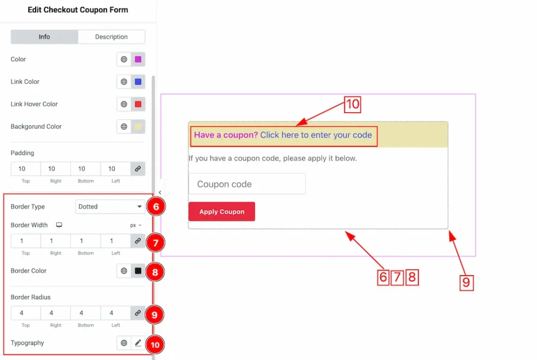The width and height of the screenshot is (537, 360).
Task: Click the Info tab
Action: click(x=44, y=37)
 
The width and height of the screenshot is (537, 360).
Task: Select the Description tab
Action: click(x=111, y=37)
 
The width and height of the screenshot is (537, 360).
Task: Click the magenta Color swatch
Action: click(x=138, y=59)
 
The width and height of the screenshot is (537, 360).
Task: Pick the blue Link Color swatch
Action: click(x=138, y=82)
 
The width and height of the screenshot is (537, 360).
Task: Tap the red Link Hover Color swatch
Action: click(x=138, y=104)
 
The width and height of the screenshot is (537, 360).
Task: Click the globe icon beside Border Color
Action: click(x=124, y=271)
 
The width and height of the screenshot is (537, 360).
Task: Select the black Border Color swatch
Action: click(x=138, y=271)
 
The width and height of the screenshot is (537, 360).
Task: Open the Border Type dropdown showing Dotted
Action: click(x=110, y=206)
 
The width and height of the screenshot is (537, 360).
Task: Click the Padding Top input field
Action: click(x=26, y=169)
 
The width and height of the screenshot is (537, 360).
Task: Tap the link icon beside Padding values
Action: click(x=138, y=169)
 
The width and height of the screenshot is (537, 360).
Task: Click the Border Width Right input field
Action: click(x=56, y=241)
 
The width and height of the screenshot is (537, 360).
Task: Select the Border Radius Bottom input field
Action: click(x=85, y=313)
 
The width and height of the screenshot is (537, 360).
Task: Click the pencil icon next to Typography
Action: click(x=138, y=343)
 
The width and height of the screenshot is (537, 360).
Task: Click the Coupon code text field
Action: click(x=248, y=184)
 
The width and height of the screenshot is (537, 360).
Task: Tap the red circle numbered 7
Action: click(x=155, y=243)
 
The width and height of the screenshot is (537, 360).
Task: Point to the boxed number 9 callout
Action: click(x=466, y=282)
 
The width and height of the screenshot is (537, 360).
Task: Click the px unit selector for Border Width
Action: click(x=136, y=225)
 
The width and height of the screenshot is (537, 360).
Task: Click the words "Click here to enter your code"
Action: click(x=316, y=135)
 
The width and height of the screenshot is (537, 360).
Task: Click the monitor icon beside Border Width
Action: click(x=59, y=225)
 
